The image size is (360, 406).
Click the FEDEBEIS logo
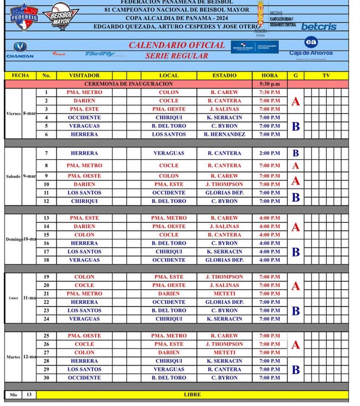pyautogui.click(x=24, y=17)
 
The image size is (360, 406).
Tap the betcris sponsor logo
pyautogui.click(x=319, y=27)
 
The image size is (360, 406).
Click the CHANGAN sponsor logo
pyautogui.click(x=20, y=50)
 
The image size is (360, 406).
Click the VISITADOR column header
pyautogui.click(x=84, y=75)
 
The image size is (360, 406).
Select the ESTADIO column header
pyautogui.click(x=224, y=75)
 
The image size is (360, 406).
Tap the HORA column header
pyautogui.click(x=269, y=75)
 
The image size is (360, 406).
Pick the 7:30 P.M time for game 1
pyautogui.click(x=269, y=92)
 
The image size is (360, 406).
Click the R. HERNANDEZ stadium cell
pyautogui.click(x=224, y=134)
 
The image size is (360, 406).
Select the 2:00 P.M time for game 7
pyautogui.click(x=269, y=153)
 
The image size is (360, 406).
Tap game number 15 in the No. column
pyautogui.click(x=46, y=235)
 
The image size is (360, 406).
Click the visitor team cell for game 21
pyautogui.click(x=84, y=294)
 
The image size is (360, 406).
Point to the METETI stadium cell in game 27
pyautogui.click(x=224, y=353)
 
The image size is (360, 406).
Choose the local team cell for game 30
pyautogui.click(x=169, y=378)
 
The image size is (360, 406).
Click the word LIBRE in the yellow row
pyautogui.click(x=192, y=395)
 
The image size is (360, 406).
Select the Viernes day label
pyautogui.click(x=13, y=114)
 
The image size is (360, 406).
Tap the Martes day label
pyautogui.click(x=13, y=357)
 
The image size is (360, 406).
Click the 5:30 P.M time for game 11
pyautogui.click(x=269, y=192)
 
